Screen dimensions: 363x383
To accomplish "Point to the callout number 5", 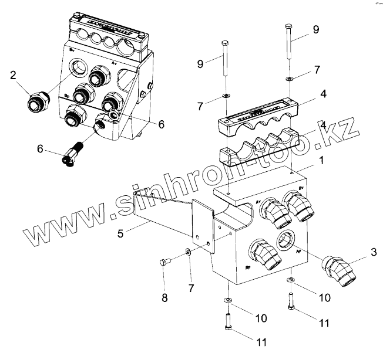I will (120, 233).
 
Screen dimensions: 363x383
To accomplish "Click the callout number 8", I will (164, 297).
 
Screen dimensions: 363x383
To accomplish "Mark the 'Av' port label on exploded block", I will (258, 201).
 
